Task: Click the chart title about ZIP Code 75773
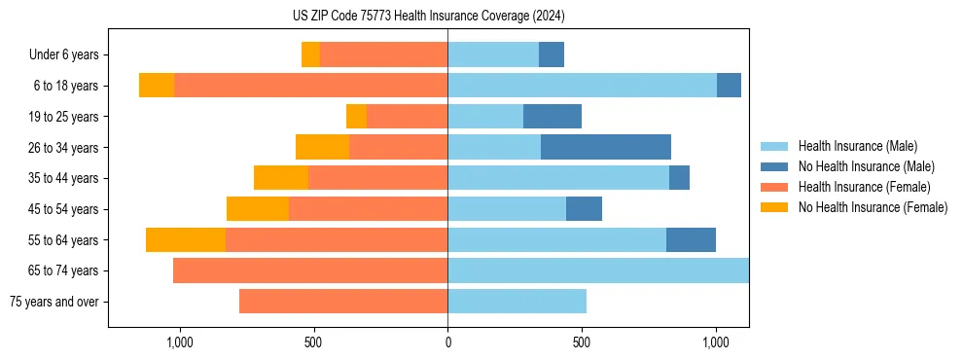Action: click(x=428, y=17)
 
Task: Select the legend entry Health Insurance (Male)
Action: click(x=856, y=146)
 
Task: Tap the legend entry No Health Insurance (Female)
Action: click(x=873, y=207)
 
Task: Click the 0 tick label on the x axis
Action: click(x=447, y=342)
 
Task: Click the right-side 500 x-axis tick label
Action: click(x=581, y=342)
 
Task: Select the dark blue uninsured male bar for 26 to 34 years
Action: click(x=606, y=147)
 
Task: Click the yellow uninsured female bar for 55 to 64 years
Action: click(x=186, y=239)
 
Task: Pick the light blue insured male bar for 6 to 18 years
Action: click(x=582, y=86)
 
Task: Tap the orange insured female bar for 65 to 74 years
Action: click(x=310, y=270)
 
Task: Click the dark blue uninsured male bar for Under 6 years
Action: click(x=552, y=54)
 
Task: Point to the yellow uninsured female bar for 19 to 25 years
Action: click(x=356, y=117)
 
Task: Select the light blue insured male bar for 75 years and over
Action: click(x=517, y=302)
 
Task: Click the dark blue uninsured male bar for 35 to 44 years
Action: click(x=679, y=178)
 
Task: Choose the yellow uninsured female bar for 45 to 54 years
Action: click(x=258, y=209)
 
